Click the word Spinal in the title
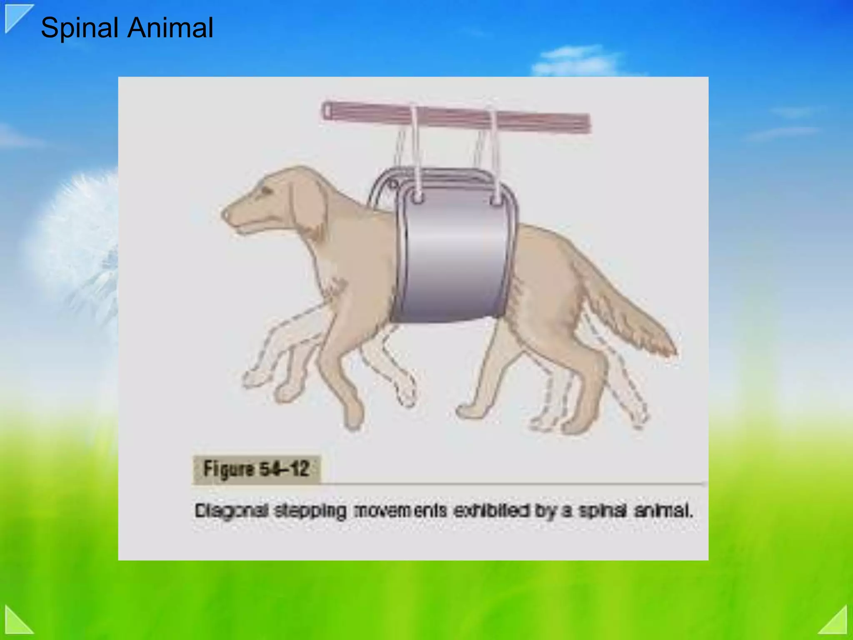(x=80, y=28)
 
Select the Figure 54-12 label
(x=256, y=469)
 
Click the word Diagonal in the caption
(x=231, y=510)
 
